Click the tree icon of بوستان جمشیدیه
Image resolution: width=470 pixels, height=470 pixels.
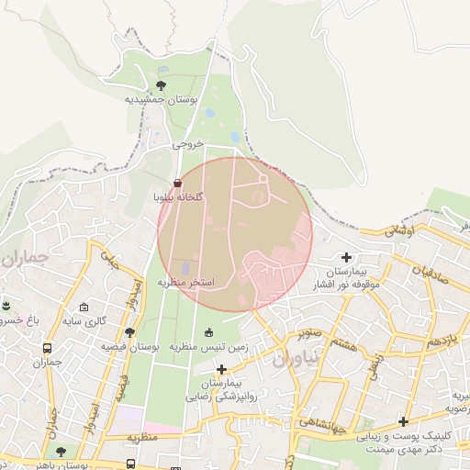tap(161, 85)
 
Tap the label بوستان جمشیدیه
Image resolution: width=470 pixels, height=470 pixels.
tap(159, 98)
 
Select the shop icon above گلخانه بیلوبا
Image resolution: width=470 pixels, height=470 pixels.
tap(177, 184)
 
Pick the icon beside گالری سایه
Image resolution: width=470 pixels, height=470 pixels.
tap(84, 307)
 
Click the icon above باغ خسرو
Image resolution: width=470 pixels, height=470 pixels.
tap(5, 304)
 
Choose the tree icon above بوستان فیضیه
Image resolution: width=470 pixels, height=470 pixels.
tap(129, 333)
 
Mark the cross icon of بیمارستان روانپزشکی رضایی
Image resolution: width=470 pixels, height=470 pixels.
tap(221, 369)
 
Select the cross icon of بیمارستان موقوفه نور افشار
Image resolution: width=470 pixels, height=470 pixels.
tap(346, 258)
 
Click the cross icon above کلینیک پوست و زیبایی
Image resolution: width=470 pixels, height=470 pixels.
tap(403, 421)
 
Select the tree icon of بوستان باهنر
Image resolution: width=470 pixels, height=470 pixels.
tap(61, 452)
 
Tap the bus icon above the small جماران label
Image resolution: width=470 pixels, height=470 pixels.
tap(48, 348)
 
